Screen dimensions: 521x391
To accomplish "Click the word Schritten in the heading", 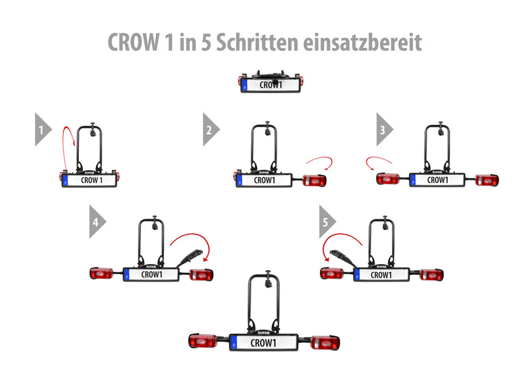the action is pos(257,43).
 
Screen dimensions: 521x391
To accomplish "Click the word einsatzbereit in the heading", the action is pos(362,43).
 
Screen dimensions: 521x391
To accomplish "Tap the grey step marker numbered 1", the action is pos(43,130).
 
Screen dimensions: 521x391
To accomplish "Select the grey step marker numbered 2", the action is pos(211,130).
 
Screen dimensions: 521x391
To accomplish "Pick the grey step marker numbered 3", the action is pos(385,130).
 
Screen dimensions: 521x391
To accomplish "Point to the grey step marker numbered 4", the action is pos(98,221).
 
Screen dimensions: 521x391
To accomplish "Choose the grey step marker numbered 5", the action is pos(327,221).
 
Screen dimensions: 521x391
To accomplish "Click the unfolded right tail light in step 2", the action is pos(314,180).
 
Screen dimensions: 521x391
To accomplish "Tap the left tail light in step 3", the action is pos(388,179).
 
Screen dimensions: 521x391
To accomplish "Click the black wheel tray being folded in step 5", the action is pos(342,257).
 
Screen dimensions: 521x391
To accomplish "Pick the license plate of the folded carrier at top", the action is pos(271,86).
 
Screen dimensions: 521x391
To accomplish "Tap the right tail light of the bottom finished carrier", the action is pos(325,343).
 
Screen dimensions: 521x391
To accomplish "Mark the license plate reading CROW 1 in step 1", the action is pos(89,180).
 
